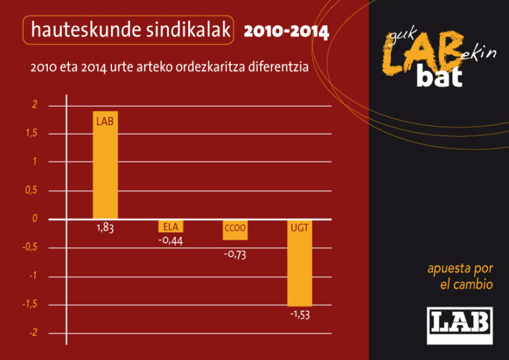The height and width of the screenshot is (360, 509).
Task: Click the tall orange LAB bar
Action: pos(105,166)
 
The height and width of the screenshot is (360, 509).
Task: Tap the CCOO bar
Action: pos(235,229)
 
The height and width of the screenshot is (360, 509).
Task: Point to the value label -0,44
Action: pos(170,240)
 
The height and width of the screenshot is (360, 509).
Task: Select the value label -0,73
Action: pos(235,254)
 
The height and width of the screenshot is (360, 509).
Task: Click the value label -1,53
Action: pos(300,315)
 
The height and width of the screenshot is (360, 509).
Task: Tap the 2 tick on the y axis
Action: pos(34,105)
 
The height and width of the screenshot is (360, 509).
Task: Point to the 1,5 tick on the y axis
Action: pos(31,134)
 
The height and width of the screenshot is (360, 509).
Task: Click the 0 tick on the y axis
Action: pos(34,219)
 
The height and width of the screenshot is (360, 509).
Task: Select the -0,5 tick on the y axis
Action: pos(29,247)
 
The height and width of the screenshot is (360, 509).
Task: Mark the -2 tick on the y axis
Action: pos(32,333)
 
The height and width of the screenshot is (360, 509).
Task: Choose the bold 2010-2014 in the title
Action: pos(286,32)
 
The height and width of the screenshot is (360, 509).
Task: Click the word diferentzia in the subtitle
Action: pos(277,68)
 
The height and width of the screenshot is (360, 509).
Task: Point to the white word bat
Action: pos(439,77)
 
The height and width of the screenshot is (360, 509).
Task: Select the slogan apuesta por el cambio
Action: pos(460,276)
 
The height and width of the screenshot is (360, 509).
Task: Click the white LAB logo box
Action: pos(459,325)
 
